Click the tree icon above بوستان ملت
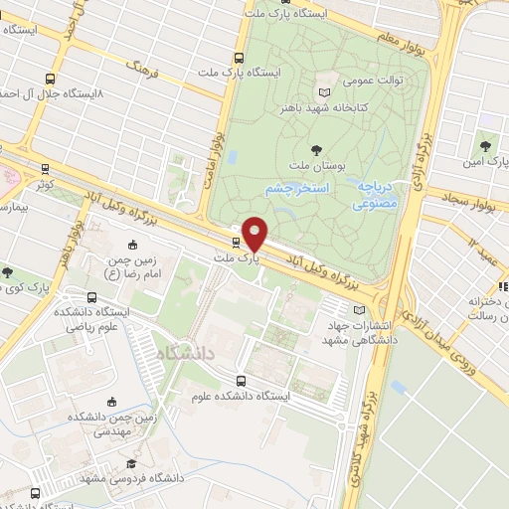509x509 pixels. tap(316, 150)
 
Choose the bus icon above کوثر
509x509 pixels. tap(45, 169)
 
